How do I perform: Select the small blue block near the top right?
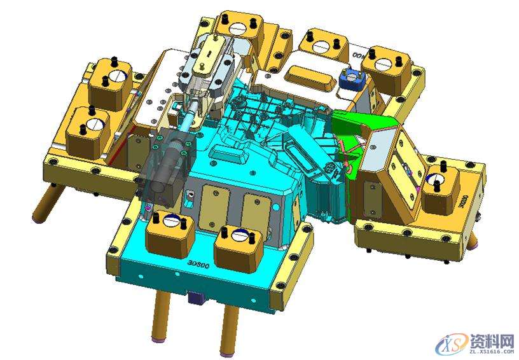point(350,78)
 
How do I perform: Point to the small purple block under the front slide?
point(195,297)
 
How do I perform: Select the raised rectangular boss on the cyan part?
point(226,154)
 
